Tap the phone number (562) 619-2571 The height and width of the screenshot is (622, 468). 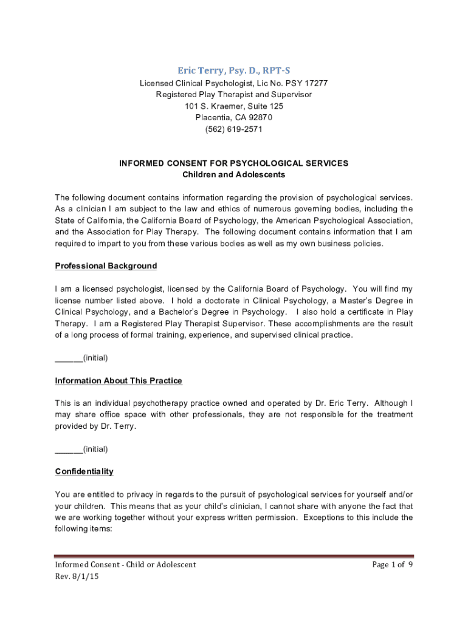234,129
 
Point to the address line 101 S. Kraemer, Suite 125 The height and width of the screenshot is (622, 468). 234,106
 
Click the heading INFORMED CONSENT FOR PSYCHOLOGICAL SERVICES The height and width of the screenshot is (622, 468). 234,163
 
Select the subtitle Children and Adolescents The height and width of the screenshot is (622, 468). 234,175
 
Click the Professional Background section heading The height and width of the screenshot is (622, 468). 106,266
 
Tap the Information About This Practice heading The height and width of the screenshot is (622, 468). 119,381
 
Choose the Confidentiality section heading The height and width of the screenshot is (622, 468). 84,472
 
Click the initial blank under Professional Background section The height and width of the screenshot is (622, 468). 69,357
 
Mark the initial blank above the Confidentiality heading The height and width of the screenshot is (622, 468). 69,449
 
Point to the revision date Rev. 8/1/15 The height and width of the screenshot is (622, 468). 77,576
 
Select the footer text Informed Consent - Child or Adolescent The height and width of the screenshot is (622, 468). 125,565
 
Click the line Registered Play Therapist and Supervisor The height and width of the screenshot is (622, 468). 234,95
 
